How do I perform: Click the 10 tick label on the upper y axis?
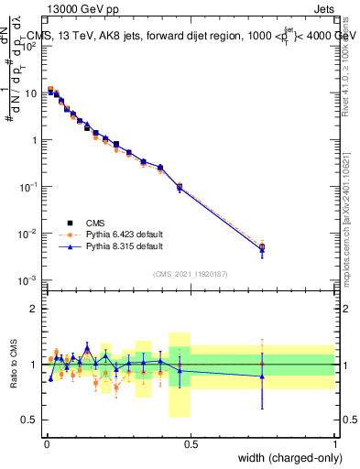click(x=29, y=93)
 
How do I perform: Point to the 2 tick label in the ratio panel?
click(x=34, y=309)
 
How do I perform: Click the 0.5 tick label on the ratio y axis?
click(x=29, y=420)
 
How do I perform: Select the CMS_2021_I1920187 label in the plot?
click(x=190, y=274)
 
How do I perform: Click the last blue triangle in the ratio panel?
click(x=262, y=376)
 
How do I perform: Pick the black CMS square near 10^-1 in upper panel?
click(x=179, y=187)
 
